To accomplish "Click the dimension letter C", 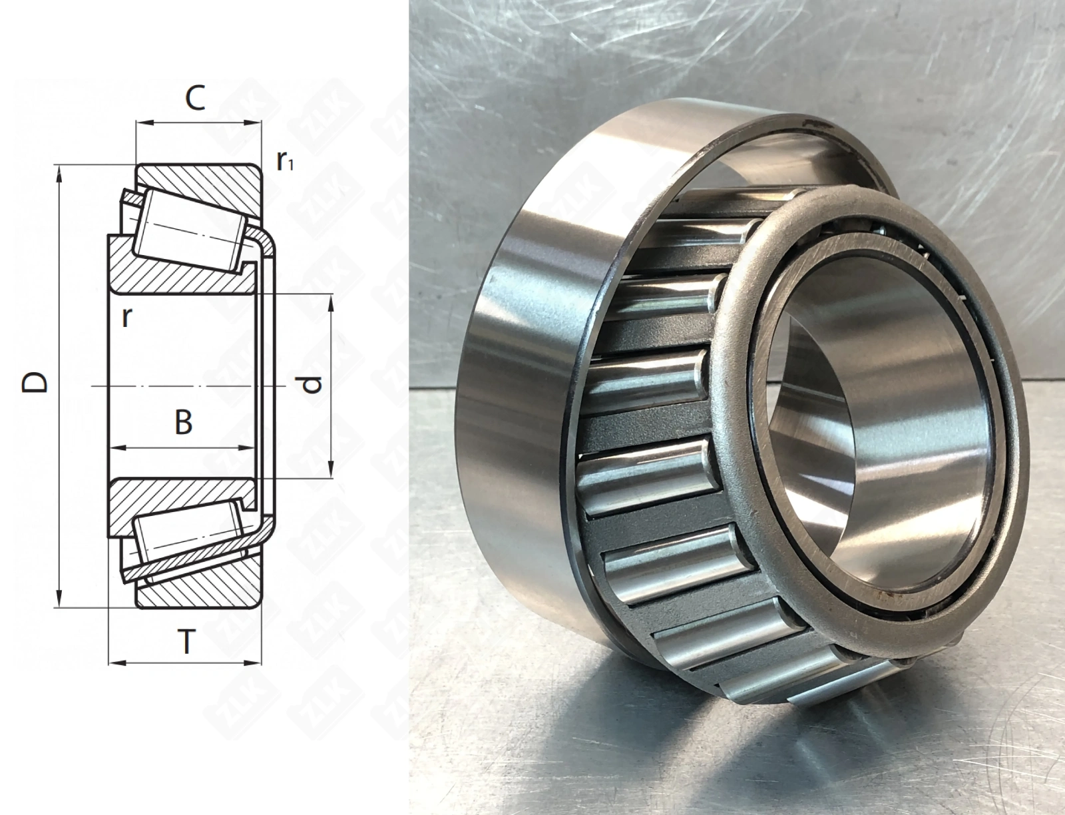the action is click(196, 98).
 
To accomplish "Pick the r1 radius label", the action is click(285, 161).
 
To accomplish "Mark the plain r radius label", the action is click(126, 318).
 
